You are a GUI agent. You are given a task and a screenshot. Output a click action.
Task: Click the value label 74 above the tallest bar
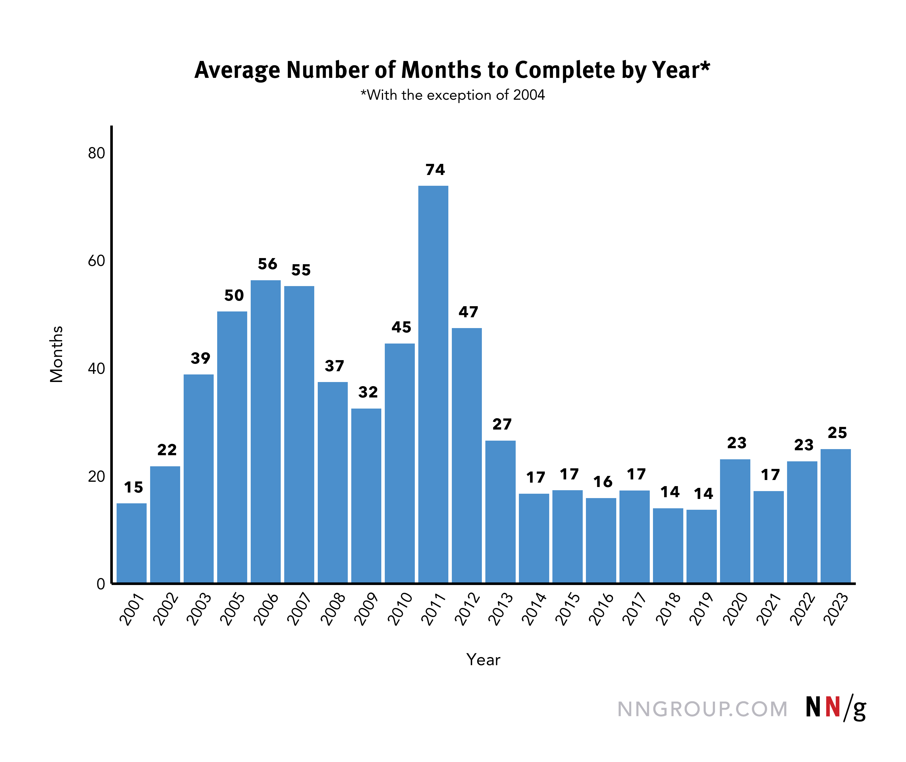[x=435, y=170]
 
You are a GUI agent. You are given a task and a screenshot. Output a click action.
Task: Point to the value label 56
[x=267, y=264]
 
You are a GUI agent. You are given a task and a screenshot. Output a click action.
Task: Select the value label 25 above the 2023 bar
[x=837, y=433]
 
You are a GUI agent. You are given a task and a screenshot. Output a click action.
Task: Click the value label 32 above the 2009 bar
[x=368, y=392]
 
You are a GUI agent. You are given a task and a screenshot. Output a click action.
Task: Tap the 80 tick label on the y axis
[x=96, y=153]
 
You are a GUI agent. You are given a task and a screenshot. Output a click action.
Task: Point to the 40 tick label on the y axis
[x=96, y=369]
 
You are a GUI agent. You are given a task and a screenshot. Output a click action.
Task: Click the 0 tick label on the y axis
[x=101, y=584]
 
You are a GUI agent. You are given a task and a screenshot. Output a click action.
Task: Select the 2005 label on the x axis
[x=232, y=609]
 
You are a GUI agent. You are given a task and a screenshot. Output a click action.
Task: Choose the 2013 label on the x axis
[x=501, y=609]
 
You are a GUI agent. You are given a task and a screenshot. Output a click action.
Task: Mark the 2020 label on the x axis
[x=735, y=609]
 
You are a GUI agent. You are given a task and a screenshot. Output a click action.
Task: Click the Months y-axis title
[x=57, y=354]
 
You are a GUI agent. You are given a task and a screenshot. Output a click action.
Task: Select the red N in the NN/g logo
[x=833, y=707]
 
